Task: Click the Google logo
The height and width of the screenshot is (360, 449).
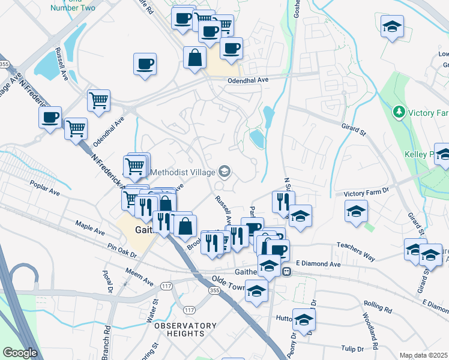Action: click(x=20, y=353)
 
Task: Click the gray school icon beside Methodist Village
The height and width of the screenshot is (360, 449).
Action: click(x=224, y=173)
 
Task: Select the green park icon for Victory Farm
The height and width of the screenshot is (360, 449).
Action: click(x=397, y=112)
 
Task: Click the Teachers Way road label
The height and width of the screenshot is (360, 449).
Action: click(x=355, y=251)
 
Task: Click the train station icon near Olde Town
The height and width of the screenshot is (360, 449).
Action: click(x=287, y=271)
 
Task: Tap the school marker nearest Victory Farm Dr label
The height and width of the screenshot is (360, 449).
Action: click(x=356, y=211)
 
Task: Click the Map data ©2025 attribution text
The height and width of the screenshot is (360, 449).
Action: click(x=423, y=355)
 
